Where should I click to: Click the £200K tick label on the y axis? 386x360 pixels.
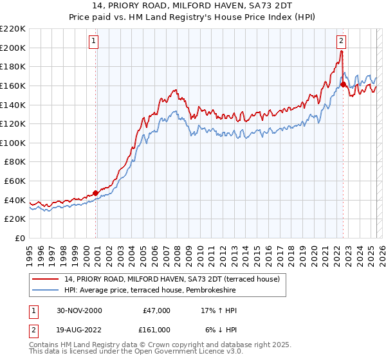[13, 48]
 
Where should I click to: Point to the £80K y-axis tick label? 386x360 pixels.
[15, 162]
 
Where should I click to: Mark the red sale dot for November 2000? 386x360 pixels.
[96, 193]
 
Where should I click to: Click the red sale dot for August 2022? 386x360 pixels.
[343, 84]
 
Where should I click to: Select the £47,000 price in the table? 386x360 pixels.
[156, 310]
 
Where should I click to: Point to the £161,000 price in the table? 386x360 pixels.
[156, 328]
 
